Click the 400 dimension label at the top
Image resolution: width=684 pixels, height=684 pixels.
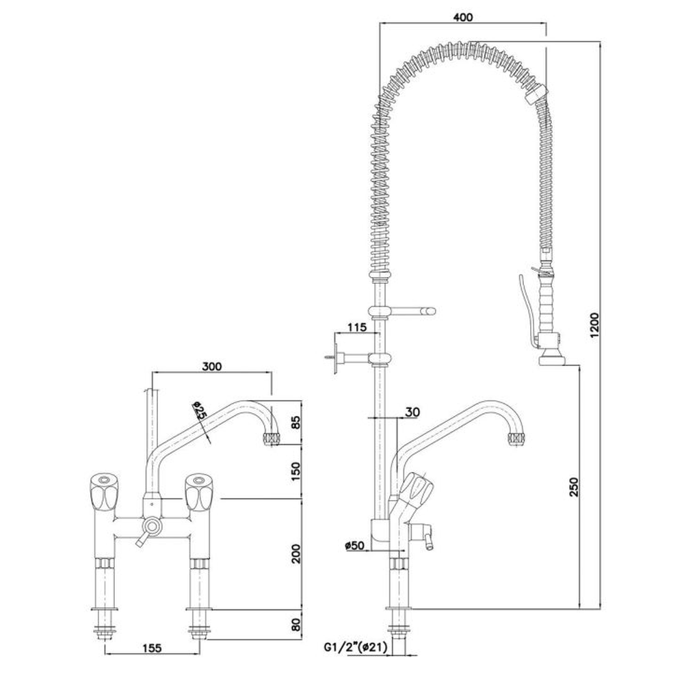[463, 17]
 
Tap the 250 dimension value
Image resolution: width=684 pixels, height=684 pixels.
[574, 486]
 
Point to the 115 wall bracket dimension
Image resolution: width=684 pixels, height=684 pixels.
[357, 327]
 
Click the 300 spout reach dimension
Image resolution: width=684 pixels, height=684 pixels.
[212, 366]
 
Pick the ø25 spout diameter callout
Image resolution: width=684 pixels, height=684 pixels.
[199, 410]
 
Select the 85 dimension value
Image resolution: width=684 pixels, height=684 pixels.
[295, 422]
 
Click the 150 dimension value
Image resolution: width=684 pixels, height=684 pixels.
[295, 471]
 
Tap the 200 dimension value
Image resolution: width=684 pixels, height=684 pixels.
[295, 553]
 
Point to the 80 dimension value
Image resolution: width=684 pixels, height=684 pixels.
[295, 624]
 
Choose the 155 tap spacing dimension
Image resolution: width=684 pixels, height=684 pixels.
[151, 648]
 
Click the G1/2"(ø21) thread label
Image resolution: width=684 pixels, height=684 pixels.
[355, 648]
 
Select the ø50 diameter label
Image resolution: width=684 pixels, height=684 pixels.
[354, 545]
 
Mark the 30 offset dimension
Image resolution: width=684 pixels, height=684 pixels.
[412, 411]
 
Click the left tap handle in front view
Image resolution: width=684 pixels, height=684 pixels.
[103, 492]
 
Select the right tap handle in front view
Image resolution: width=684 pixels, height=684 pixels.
[198, 492]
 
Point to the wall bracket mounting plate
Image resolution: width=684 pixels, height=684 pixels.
[337, 358]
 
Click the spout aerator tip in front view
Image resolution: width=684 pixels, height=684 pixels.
[272, 439]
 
